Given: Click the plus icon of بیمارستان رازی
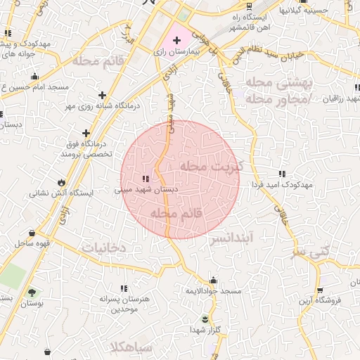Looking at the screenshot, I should point(176,41).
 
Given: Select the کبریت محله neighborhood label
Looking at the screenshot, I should point(210,166).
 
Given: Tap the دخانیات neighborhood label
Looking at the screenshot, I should point(103,248).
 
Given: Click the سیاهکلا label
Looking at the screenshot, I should point(131,347).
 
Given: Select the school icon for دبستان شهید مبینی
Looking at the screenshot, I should point(146,179).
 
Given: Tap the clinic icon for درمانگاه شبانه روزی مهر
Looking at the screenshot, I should point(103,94).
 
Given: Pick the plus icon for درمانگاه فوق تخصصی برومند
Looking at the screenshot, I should point(86,133).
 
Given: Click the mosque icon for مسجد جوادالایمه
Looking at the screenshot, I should point(213,280).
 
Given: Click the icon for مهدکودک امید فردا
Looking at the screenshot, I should point(282,173).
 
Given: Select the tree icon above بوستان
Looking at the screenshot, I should point(32,292).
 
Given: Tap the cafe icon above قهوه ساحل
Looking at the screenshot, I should point(32,233).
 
